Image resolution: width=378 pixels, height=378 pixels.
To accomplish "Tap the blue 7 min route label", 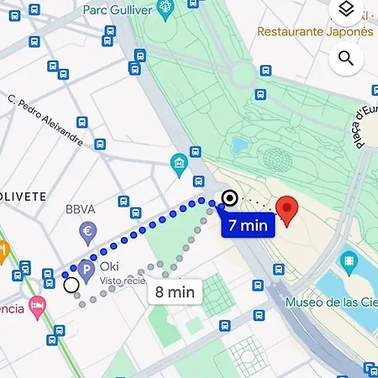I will [247, 224].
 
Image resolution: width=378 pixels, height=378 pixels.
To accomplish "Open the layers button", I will [345, 11].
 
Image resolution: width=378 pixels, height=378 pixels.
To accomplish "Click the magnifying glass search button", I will [345, 57].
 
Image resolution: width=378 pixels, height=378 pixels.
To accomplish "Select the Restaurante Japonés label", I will [314, 32].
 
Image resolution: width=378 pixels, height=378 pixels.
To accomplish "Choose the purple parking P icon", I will [85, 267].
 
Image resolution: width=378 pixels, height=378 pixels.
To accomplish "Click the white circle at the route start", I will [71, 286].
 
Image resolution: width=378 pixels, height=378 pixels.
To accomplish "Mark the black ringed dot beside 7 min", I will [228, 199].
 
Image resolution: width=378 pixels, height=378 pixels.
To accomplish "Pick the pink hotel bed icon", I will [36, 304].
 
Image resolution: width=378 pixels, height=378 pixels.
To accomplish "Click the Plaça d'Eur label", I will [365, 126].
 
